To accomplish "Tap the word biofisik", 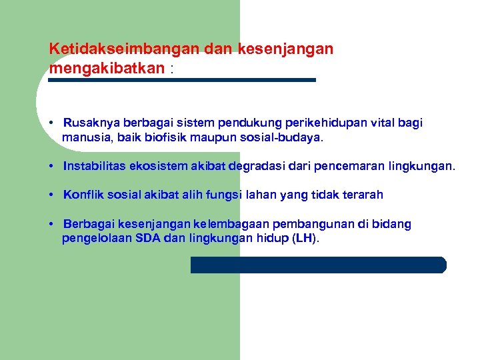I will click(171, 139).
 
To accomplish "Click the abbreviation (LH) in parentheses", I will click(305, 239).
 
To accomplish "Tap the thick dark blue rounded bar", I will click(318, 265).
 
